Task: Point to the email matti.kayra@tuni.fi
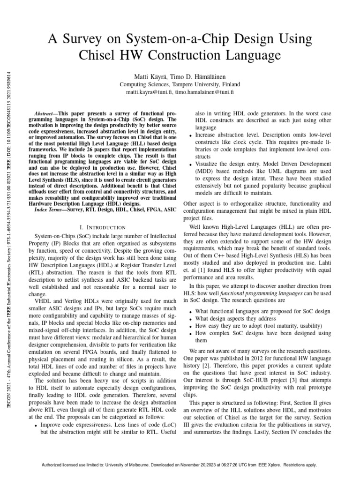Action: (x=149, y=93)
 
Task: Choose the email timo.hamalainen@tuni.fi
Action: (x=204, y=93)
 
